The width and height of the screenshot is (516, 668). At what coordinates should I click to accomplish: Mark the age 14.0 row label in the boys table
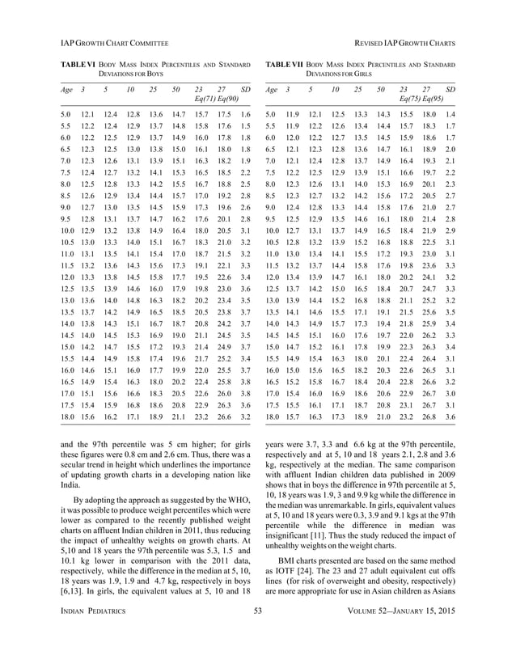[66, 323]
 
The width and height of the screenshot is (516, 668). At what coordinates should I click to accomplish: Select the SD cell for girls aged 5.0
[450, 115]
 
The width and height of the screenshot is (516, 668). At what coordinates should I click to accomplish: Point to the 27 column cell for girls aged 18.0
[429, 416]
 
